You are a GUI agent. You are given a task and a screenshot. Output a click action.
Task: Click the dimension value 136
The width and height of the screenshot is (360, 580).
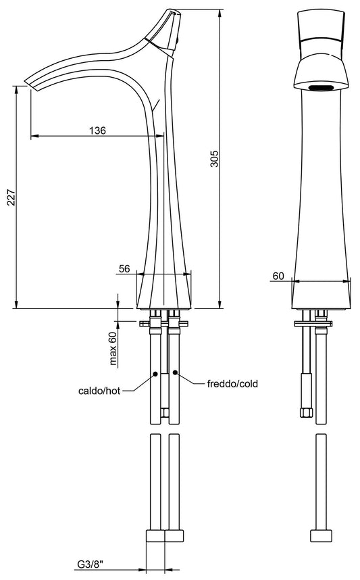click(97, 130)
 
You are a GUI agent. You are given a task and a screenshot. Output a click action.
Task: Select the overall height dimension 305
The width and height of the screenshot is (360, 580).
click(214, 159)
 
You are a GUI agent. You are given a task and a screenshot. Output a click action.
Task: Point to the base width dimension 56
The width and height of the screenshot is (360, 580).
click(124, 268)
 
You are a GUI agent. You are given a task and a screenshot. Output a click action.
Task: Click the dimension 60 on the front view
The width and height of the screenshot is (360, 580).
click(278, 276)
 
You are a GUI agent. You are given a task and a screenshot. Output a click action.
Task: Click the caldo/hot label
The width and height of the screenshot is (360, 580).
click(98, 391)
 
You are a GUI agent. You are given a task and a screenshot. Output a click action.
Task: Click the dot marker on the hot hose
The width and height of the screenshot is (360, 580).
click(155, 373)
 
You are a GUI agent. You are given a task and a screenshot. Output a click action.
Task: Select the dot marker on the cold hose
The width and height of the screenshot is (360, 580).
click(175, 372)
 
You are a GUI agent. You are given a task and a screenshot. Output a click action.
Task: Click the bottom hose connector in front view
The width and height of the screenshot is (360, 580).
click(321, 536)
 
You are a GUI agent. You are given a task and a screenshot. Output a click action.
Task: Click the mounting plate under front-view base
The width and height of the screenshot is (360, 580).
click(313, 323)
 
